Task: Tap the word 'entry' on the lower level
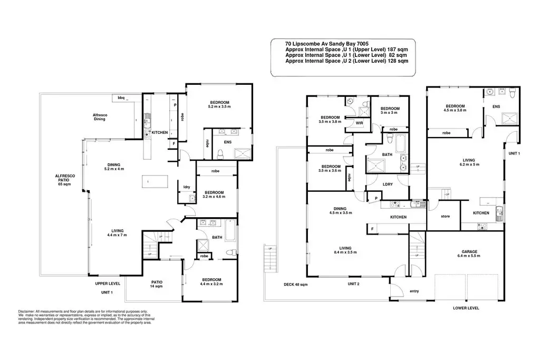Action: pos(414,291)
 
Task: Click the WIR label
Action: pos(359,123)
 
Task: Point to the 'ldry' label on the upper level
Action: pos(187,187)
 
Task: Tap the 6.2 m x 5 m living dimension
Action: pos(468,163)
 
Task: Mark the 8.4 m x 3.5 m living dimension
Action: pos(346,252)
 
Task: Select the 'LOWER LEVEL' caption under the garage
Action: pos(466,308)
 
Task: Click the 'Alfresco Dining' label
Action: pos(99,117)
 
